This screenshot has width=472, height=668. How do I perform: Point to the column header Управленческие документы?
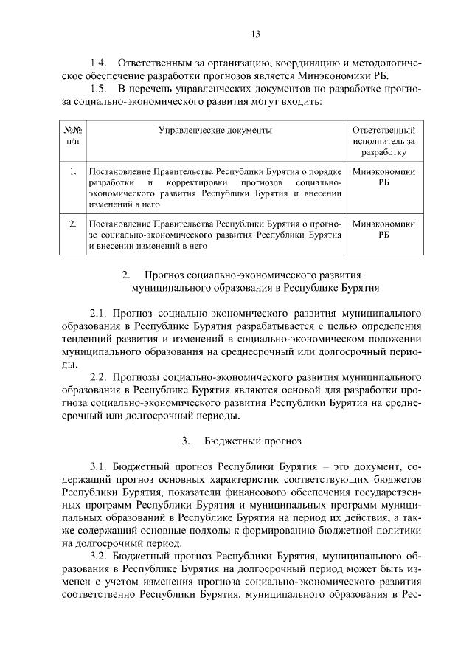click(x=215, y=130)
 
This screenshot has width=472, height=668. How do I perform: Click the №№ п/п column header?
click(x=72, y=135)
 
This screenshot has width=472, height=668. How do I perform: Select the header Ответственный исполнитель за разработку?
click(x=383, y=140)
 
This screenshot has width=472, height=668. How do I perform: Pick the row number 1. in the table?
click(x=72, y=171)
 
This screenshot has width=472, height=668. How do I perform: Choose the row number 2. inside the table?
click(x=72, y=223)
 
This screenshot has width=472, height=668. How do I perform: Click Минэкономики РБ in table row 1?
click(x=383, y=176)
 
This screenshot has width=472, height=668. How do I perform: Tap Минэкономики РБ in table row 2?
click(x=383, y=228)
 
